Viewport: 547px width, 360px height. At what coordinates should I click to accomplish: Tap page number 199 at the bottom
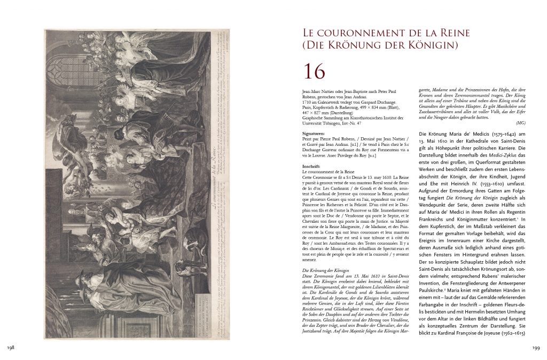(533, 348)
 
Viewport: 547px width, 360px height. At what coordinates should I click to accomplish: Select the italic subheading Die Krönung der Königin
(318, 271)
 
